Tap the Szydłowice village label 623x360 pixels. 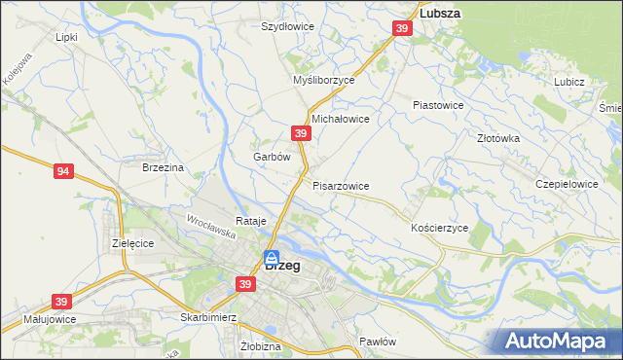tap(287, 27)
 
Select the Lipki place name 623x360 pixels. tap(66, 37)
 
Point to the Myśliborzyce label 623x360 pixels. tap(324, 81)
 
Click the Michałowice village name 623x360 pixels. tap(340, 119)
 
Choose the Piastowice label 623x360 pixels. tap(438, 104)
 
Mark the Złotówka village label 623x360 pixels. tap(498, 138)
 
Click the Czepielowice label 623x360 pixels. tap(567, 183)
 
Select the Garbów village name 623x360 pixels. tap(272, 157)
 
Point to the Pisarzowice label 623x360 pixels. tap(341, 185)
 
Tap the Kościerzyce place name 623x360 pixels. tap(440, 227)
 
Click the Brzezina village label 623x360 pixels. tap(163, 167)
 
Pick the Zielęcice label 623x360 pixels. tap(133, 242)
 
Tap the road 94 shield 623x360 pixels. tap(63, 172)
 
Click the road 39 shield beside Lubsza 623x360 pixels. tap(401, 31)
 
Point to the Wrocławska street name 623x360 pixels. tap(211, 229)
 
